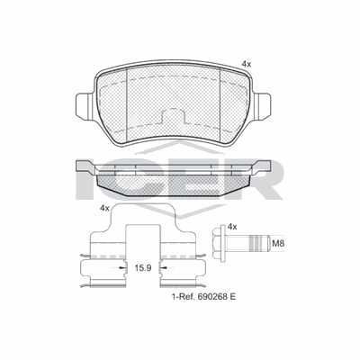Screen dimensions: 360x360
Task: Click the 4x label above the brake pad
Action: (247, 64)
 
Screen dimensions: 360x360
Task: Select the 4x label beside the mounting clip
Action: (104, 208)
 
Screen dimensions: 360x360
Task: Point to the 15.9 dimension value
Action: (141, 268)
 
